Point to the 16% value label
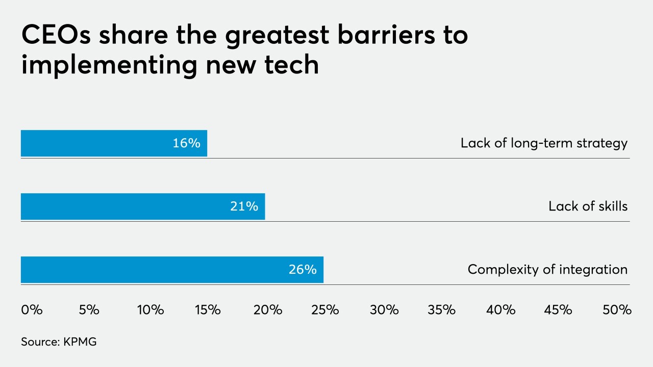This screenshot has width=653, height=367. [x=186, y=143]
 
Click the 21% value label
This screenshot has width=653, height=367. [x=244, y=206]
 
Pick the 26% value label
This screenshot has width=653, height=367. [x=303, y=270]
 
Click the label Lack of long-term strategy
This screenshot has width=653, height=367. [x=544, y=143]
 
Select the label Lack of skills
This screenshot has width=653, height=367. [x=588, y=206]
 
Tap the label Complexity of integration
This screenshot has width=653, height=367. [x=547, y=270]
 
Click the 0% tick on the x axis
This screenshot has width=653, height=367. [x=32, y=310]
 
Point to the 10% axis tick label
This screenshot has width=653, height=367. [x=150, y=310]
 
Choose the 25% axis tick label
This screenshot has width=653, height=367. [x=325, y=310]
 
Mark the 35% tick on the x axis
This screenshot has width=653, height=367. [x=442, y=310]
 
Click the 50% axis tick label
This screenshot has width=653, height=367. [x=617, y=310]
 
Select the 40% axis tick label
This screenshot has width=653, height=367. [x=501, y=310]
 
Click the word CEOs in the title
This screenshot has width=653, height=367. [x=53, y=36]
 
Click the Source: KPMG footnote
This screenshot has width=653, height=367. [x=59, y=342]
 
